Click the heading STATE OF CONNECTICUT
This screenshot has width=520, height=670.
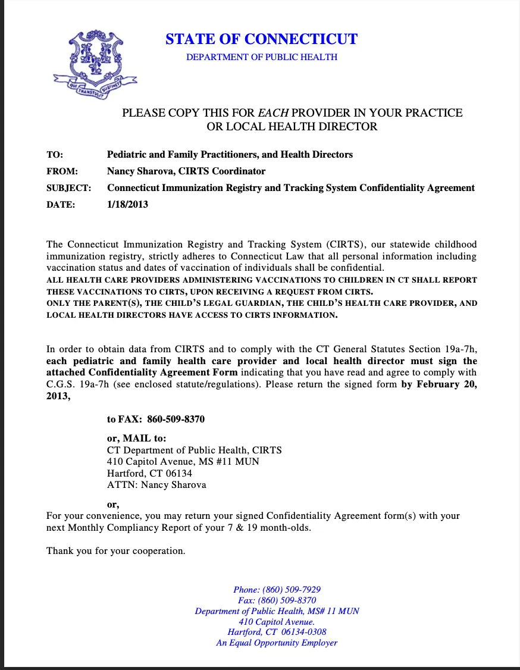tap(261, 39)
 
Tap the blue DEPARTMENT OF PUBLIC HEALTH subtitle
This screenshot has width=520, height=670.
tap(261, 57)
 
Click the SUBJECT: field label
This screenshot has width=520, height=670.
tap(68, 188)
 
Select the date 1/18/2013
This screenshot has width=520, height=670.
tap(127, 205)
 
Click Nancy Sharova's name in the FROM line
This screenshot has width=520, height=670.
tap(139, 171)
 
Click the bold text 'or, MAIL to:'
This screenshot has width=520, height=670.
tap(136, 439)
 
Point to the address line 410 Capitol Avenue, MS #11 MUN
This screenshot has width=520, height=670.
tap(183, 462)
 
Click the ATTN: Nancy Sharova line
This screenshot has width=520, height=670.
tap(156, 485)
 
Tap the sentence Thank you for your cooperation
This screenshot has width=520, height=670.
tap(116, 550)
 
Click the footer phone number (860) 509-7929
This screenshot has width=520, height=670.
tap(296, 590)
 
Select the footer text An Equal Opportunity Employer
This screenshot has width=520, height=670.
tap(277, 643)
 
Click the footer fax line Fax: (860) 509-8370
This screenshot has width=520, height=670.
tap(277, 600)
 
